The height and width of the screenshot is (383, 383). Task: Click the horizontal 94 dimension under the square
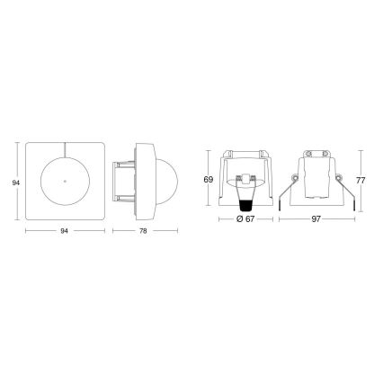(66, 231)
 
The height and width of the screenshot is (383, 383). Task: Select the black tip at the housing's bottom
(242, 201)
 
